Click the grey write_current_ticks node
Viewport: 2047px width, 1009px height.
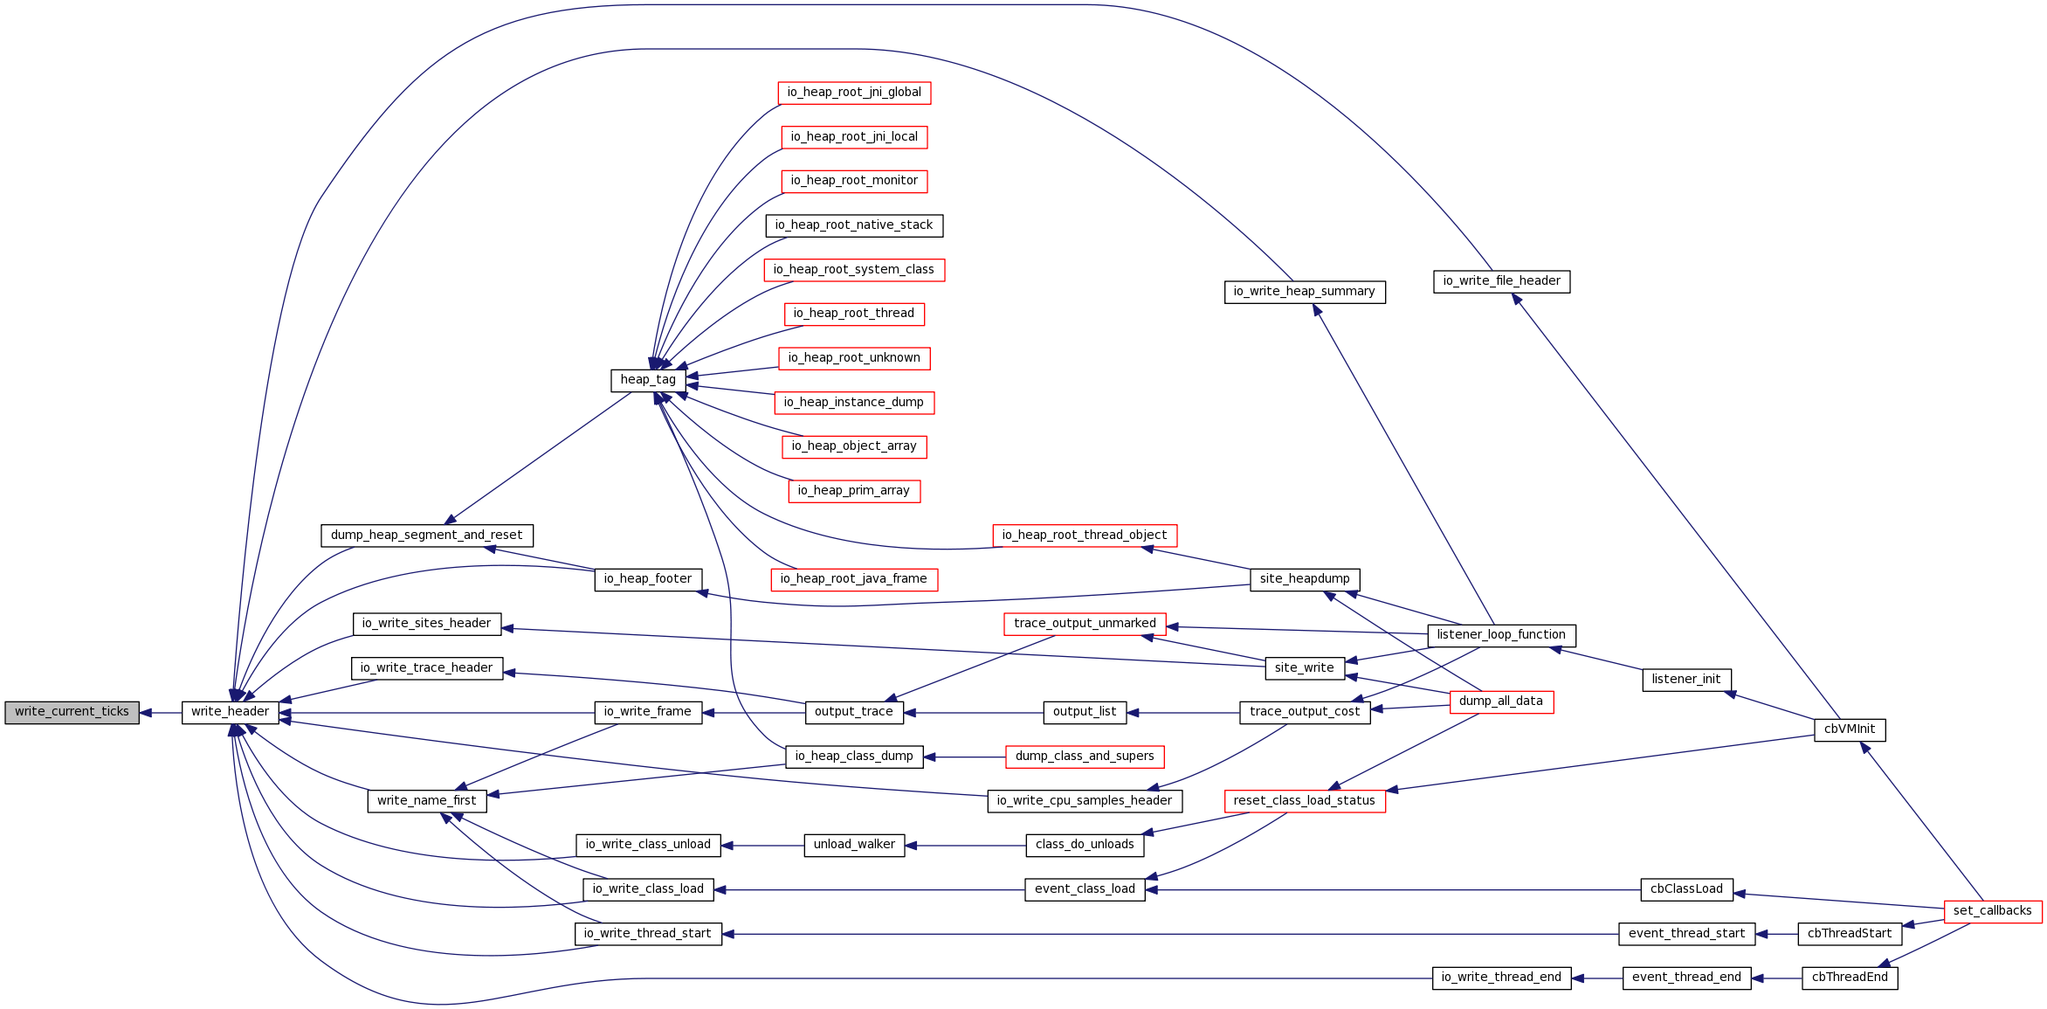[x=72, y=712]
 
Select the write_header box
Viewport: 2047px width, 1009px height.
[x=231, y=712]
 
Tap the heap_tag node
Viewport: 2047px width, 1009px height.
[x=648, y=380]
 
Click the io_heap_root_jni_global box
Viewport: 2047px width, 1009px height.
[x=854, y=93]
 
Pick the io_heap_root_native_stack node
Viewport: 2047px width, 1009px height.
[x=854, y=225]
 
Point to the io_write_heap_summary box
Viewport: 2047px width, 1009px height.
[x=1305, y=292]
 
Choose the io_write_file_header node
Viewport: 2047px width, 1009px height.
[x=1501, y=281]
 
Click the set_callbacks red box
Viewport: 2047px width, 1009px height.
[x=1993, y=911]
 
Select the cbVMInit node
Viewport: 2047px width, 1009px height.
[x=1850, y=729]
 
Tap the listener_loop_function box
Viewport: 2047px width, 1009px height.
[x=1501, y=635]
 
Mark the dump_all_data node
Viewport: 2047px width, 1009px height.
[x=1501, y=701]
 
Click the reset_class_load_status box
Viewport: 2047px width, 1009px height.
[x=1305, y=801]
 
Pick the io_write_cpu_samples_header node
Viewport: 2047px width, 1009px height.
[x=1085, y=801]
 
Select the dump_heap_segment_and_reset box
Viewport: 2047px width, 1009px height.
[x=427, y=536]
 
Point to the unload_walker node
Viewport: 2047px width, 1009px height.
[x=854, y=845]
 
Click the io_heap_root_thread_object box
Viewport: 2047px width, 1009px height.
[x=1085, y=536]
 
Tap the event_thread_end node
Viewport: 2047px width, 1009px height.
[x=1686, y=978]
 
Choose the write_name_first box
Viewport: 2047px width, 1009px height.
[x=427, y=801]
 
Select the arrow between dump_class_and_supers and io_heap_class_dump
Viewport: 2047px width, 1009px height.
[x=964, y=757]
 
